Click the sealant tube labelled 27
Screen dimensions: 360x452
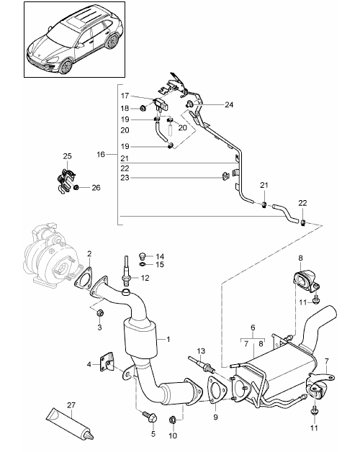coord(70,424)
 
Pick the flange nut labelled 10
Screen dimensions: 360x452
coord(173,420)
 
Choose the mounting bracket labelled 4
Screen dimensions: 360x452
coord(107,361)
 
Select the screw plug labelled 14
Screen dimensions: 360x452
coord(143,256)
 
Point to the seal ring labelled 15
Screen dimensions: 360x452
coord(143,264)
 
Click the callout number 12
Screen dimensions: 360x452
coord(145,278)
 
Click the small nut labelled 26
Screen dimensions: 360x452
coord(76,188)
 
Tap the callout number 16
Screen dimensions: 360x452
coord(101,155)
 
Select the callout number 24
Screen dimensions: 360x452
coord(229,104)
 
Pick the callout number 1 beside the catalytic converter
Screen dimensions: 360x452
coord(168,339)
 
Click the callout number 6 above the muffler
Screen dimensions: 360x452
coord(253,327)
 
